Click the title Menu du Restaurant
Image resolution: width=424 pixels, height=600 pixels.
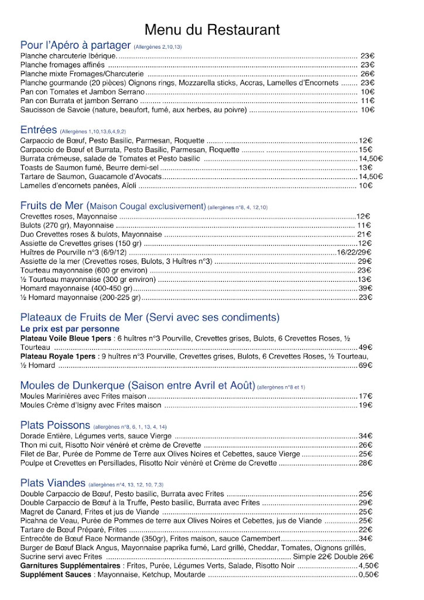211,30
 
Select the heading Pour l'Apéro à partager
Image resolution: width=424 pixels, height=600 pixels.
75,46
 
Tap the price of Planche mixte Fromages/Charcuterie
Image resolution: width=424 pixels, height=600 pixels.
367,74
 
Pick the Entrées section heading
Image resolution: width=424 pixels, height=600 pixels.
38,130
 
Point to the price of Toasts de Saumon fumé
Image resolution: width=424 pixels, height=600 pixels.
366,168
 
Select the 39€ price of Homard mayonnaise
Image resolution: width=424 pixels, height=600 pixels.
365,288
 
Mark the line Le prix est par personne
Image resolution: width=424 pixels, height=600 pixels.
61,329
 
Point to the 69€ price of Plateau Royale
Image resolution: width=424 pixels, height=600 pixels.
365,366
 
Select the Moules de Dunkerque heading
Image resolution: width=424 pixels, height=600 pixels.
138,386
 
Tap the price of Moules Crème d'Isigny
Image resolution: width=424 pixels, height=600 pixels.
365,405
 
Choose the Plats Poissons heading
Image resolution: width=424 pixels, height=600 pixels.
55,425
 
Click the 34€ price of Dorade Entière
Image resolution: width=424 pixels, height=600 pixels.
365,436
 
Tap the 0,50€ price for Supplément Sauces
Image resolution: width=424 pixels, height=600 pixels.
368,575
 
